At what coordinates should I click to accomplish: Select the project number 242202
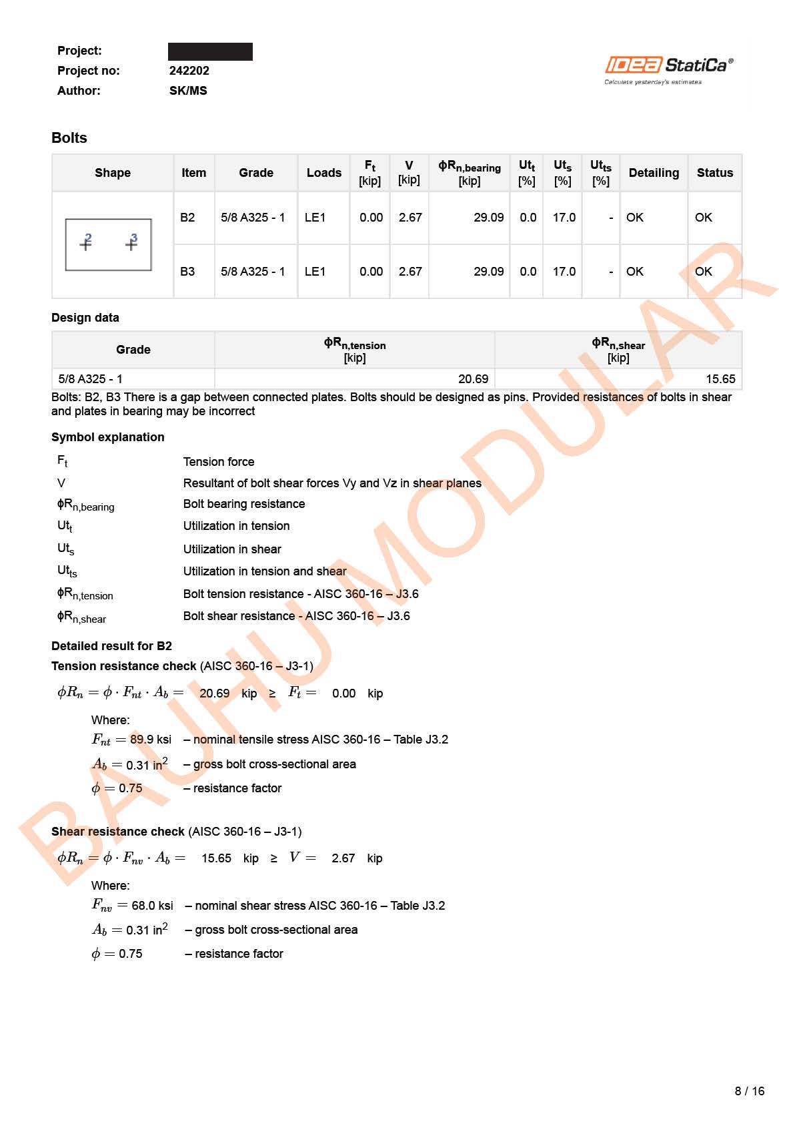click(x=189, y=71)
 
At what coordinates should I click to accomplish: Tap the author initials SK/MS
click(x=188, y=91)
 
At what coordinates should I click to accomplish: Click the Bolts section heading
click(x=69, y=138)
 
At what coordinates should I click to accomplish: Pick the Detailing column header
click(x=653, y=173)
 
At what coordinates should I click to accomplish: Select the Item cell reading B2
click(x=187, y=218)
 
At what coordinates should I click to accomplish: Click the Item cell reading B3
click(x=187, y=272)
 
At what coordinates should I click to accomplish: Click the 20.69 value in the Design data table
click(x=473, y=379)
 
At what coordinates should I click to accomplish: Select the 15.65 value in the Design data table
click(x=720, y=379)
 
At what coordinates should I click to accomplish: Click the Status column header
click(x=714, y=173)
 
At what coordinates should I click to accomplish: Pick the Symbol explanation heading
click(x=108, y=437)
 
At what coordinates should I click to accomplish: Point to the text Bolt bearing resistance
click(x=244, y=504)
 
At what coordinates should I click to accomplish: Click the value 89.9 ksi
click(x=151, y=740)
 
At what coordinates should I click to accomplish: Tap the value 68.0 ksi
click(x=152, y=906)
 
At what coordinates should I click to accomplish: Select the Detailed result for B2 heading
click(x=111, y=646)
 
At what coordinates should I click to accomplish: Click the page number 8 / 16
click(x=749, y=1091)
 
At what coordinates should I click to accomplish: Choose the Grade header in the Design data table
click(x=133, y=350)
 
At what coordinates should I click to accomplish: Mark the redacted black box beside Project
click(x=210, y=51)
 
